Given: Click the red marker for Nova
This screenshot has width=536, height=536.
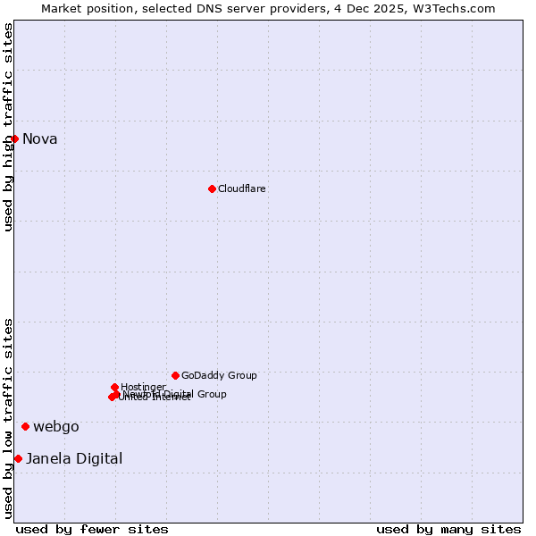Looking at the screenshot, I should click(14, 138).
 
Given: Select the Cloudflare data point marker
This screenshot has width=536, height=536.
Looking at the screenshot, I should click(212, 188).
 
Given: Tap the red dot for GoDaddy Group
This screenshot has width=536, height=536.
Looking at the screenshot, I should click(175, 375).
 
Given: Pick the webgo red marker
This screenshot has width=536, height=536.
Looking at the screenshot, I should click(25, 426).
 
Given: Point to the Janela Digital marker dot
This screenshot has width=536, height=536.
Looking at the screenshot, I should click(18, 458).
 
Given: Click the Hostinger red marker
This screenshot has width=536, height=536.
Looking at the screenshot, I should click(114, 387).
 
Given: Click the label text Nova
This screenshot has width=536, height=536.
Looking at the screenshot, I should click(39, 138).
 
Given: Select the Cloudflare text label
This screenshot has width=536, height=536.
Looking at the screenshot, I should click(241, 188).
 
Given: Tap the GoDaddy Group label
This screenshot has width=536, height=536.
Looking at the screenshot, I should click(219, 375).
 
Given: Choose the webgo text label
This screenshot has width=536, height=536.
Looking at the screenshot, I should click(55, 426).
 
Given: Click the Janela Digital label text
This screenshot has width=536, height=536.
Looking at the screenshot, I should click(74, 458).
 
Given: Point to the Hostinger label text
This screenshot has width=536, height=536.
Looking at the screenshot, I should click(143, 387).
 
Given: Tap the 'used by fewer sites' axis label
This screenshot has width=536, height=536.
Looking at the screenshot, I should click(92, 529).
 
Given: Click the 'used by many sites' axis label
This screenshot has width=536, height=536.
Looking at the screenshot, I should click(448, 529).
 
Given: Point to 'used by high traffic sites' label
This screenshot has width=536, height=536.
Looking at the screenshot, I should click(8, 127).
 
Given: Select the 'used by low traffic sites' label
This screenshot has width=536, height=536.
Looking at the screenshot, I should click(8, 417).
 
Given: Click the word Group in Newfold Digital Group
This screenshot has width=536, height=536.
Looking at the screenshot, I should click(211, 394).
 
